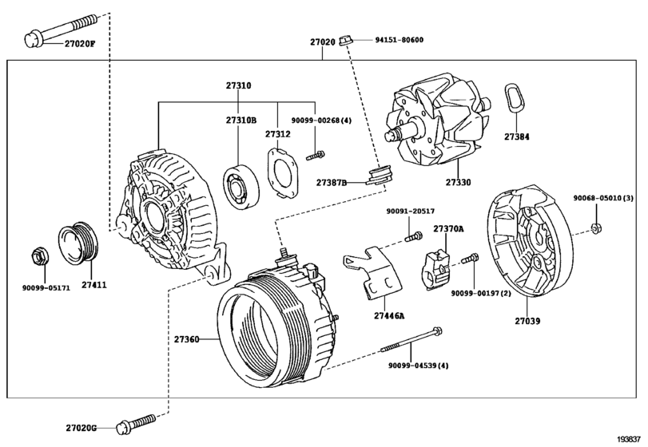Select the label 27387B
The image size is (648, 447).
click(332, 183)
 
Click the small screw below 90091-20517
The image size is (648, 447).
click(411, 236)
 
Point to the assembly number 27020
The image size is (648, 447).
click(324, 40)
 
